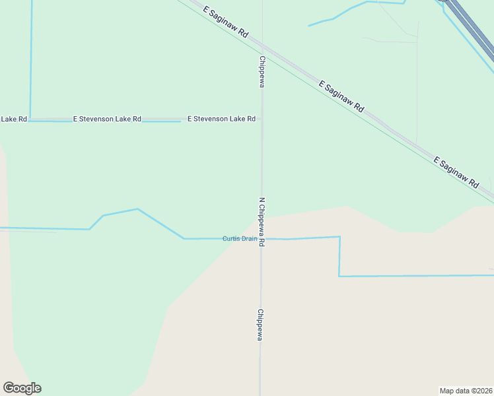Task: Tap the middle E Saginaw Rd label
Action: coord(341,96)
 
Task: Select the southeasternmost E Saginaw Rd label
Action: coord(456,173)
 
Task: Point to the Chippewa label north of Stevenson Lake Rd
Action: coord(262,72)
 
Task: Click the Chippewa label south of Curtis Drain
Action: coord(261,325)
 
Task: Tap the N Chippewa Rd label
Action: coord(262,221)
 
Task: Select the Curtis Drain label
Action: coord(239,238)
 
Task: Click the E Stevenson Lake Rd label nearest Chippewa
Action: coord(221,119)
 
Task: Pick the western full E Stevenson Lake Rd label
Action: coord(107,119)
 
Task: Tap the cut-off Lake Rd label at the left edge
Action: coord(13,119)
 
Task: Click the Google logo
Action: coord(22,387)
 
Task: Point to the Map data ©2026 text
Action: coord(466,390)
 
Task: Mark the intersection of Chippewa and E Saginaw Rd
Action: coord(262,48)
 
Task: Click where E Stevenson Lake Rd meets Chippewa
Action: coord(262,119)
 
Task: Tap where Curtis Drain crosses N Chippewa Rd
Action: coord(262,239)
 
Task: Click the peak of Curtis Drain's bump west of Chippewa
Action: coord(137,209)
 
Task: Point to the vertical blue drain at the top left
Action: coord(30,59)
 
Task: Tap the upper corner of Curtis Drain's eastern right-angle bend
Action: coord(339,237)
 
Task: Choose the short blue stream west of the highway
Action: coord(343,13)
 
